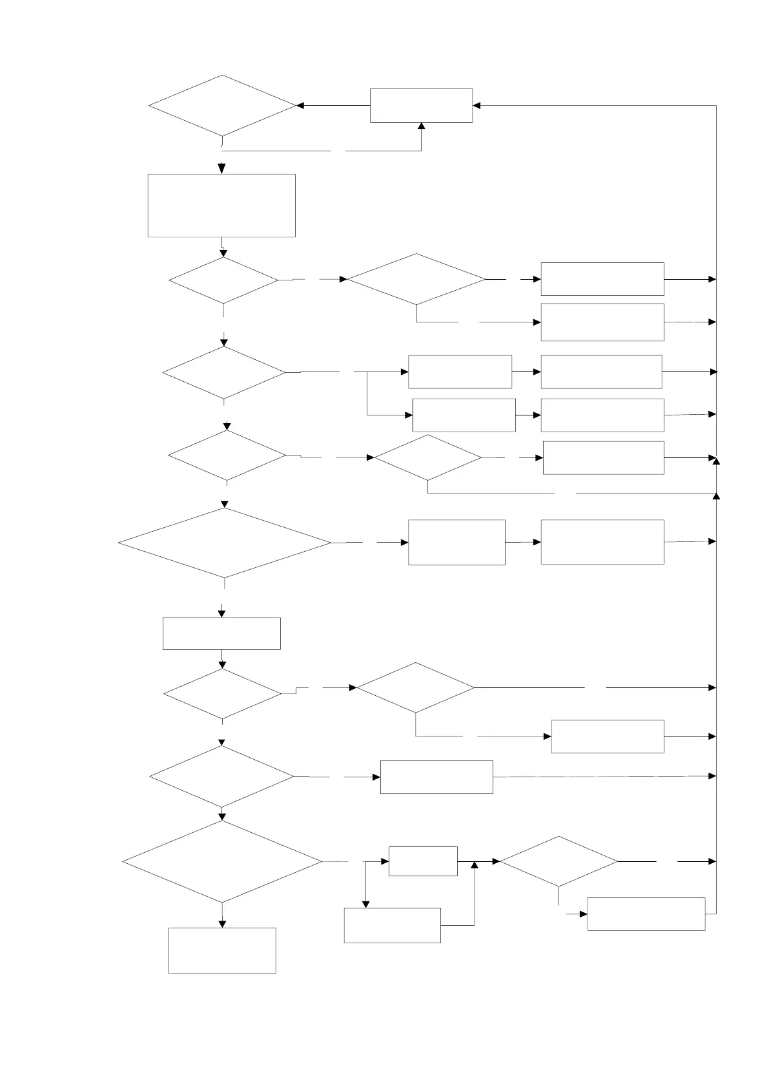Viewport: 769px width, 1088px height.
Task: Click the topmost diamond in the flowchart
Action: click(222, 105)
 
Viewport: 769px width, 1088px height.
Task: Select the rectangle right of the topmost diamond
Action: click(421, 105)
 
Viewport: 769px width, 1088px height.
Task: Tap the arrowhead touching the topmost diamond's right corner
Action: click(300, 105)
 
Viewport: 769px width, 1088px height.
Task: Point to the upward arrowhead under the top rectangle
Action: click(422, 127)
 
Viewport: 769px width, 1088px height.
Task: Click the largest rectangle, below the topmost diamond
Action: click(221, 205)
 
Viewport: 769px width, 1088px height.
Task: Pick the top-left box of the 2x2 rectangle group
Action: click(460, 371)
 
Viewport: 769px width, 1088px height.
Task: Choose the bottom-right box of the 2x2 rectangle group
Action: click(602, 415)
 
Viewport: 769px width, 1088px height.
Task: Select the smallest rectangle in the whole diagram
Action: click(423, 861)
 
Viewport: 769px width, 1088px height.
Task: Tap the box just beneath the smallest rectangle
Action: click(392, 925)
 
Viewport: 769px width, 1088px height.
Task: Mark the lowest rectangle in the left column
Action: click(222, 950)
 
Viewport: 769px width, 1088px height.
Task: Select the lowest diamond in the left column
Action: click(222, 861)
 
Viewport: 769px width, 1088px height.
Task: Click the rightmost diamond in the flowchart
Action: click(559, 861)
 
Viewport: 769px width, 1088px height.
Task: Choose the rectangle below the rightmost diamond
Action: click(646, 914)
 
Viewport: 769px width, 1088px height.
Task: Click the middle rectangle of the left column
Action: click(221, 633)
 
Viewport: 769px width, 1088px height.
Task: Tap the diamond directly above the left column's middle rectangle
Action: click(224, 543)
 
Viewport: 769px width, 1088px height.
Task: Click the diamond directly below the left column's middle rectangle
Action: click(222, 693)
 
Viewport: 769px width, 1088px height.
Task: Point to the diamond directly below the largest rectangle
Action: click(223, 280)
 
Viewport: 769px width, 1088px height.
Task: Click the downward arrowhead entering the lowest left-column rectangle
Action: click(222, 924)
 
